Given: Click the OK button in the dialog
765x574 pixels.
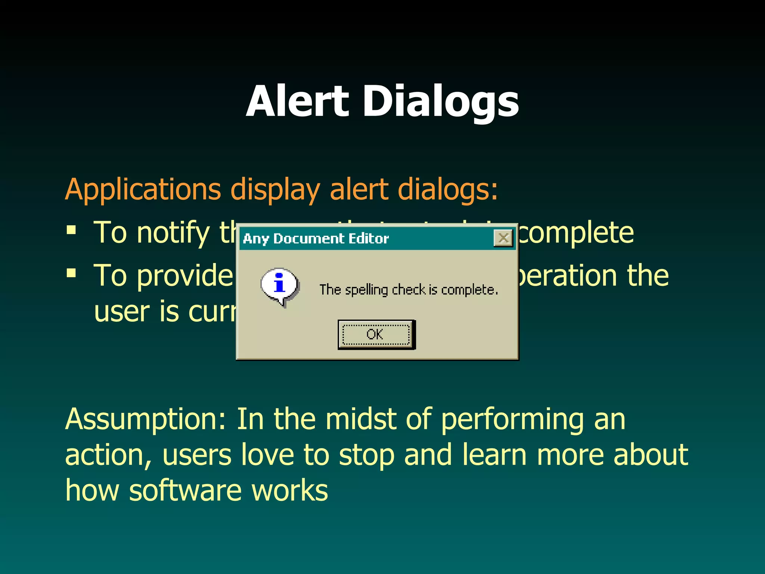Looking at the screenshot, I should point(376,334).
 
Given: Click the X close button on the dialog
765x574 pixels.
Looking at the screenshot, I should point(503,238).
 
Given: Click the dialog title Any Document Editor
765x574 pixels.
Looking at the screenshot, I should point(316,238).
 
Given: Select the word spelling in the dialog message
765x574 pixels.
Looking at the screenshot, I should point(366,290).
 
